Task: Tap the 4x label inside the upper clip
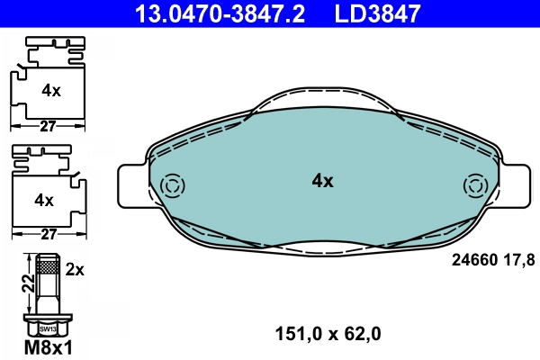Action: tap(50, 90)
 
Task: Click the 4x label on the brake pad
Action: tap(322, 181)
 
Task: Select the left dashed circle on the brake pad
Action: tap(171, 186)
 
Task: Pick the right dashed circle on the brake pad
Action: tap(473, 186)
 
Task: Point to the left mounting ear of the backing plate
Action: tap(132, 187)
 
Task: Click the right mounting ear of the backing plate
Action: tap(511, 187)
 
